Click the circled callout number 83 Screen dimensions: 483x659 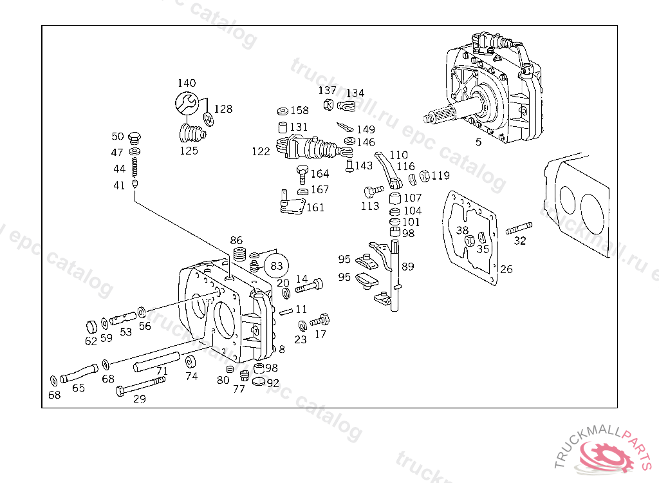pos(276,265)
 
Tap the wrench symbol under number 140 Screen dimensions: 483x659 pos(187,102)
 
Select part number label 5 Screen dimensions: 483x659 pos(478,142)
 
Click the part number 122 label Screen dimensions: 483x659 pos(261,152)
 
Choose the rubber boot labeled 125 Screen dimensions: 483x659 pos(190,134)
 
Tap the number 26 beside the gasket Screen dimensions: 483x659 pos(506,269)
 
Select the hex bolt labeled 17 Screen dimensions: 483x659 pos(320,320)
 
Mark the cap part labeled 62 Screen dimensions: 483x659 pos(91,325)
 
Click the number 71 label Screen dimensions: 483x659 pos(162,371)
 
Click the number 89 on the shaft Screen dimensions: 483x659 pos(408,267)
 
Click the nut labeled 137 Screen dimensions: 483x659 pos(328,105)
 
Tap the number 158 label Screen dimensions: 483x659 pos(299,111)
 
